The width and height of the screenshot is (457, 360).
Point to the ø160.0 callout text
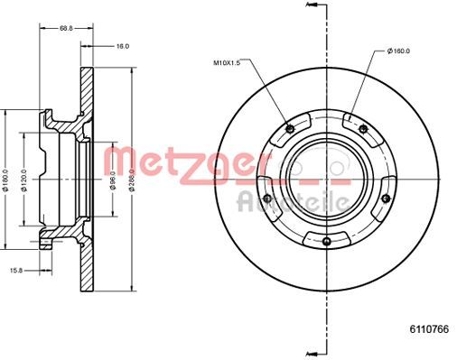click(398, 52)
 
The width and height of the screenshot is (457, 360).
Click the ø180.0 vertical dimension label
click(6, 180)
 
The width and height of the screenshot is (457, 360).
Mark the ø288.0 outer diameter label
click(134, 180)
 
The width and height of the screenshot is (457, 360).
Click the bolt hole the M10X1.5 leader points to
click(288, 126)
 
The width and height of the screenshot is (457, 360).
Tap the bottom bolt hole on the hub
click(325, 241)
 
